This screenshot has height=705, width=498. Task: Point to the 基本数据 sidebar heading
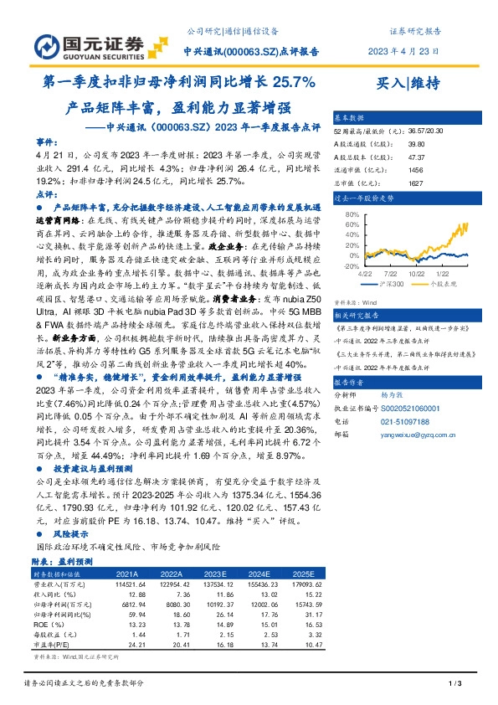tap(350, 118)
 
